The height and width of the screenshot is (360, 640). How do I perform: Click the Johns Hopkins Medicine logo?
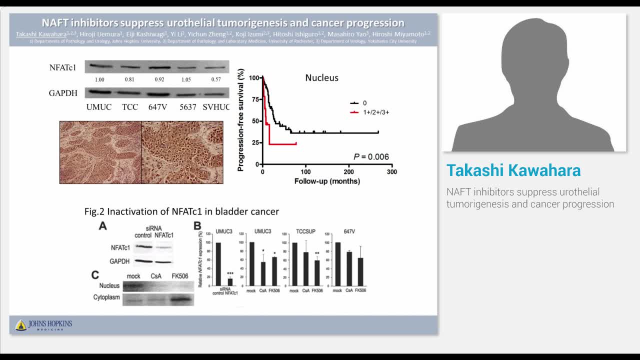point(43,325)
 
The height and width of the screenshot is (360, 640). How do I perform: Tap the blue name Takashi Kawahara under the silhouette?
point(513,170)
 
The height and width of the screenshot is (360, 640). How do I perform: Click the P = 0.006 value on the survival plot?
point(371,157)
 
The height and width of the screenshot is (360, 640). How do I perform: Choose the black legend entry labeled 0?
point(364,103)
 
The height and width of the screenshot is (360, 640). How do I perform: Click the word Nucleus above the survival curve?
point(322,78)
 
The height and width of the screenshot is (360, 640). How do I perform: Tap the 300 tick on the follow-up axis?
point(392,172)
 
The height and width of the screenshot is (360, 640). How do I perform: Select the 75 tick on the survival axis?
point(254,99)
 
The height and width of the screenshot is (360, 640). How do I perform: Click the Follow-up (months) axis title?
point(327,181)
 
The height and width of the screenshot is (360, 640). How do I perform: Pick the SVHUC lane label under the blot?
point(216,107)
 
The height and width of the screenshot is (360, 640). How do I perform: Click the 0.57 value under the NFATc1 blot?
point(216,79)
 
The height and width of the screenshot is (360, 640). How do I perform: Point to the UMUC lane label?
point(98,107)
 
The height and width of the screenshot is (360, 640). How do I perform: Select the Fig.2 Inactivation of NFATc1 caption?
point(181,211)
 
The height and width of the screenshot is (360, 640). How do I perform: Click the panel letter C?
point(95,274)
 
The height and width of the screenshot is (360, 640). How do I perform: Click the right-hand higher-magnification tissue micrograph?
point(182,152)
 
